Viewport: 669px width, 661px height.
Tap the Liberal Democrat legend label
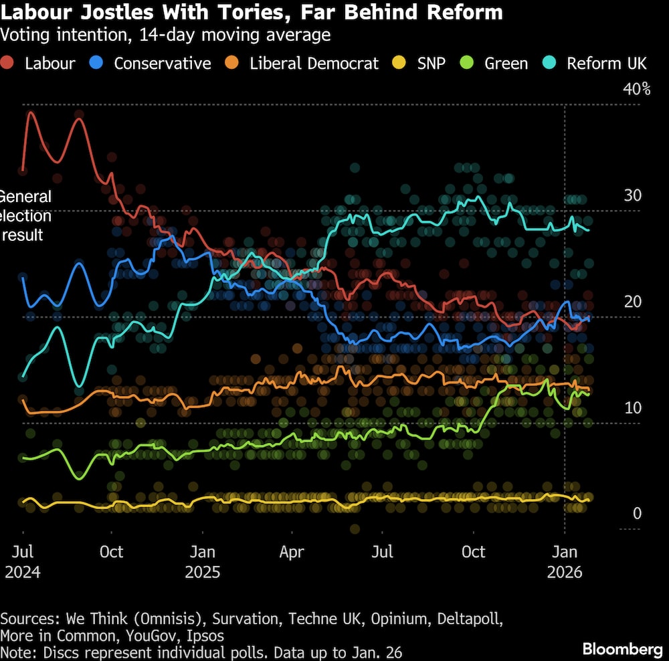click(x=314, y=64)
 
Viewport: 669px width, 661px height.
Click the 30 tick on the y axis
click(x=632, y=195)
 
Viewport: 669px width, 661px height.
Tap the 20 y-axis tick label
click(x=632, y=302)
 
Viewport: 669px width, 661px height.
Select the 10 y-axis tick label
click(x=632, y=408)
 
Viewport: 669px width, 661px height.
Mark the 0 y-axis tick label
click(x=637, y=514)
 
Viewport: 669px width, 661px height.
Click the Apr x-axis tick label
click(x=292, y=553)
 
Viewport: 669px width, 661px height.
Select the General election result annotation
click(x=25, y=215)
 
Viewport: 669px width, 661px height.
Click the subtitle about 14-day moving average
click(x=166, y=35)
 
